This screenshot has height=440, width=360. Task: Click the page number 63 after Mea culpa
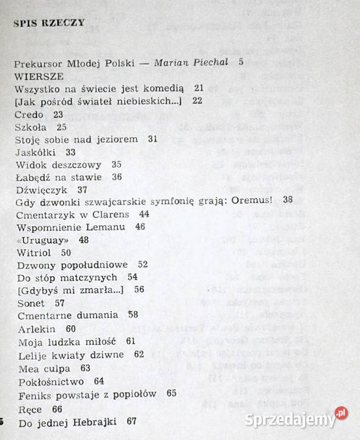(x=85, y=369)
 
